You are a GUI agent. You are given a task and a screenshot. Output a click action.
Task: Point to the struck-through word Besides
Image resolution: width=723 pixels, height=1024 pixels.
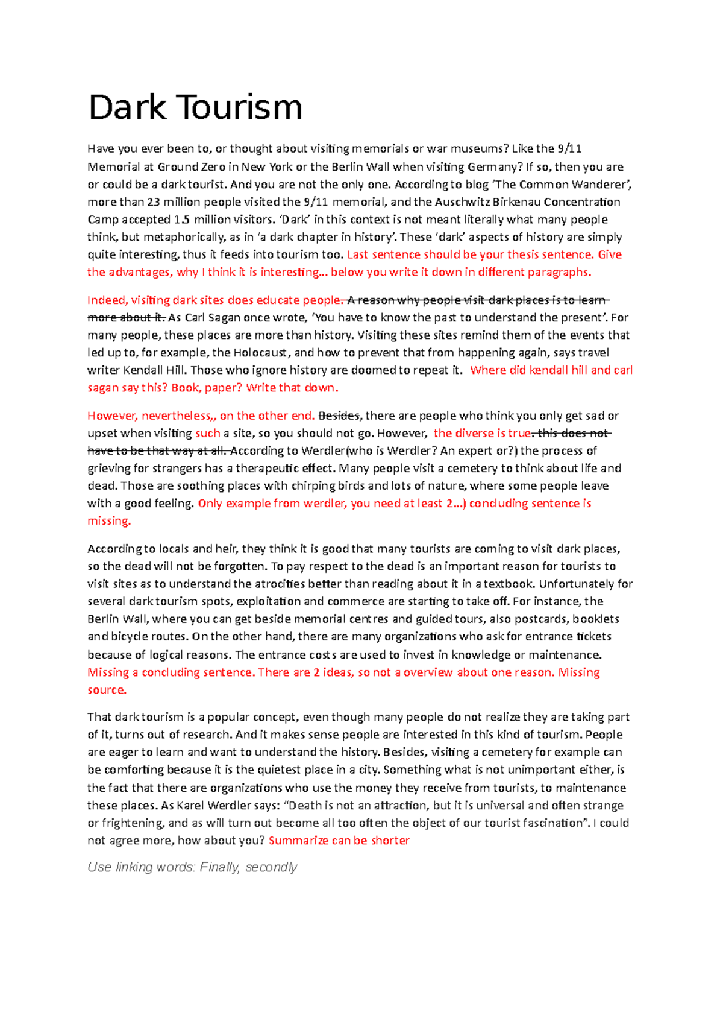[x=339, y=416]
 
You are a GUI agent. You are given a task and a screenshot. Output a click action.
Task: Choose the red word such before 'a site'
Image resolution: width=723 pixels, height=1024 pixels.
[x=208, y=433]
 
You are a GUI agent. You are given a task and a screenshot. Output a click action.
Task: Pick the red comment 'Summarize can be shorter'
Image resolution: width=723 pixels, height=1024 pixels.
[x=339, y=841]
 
